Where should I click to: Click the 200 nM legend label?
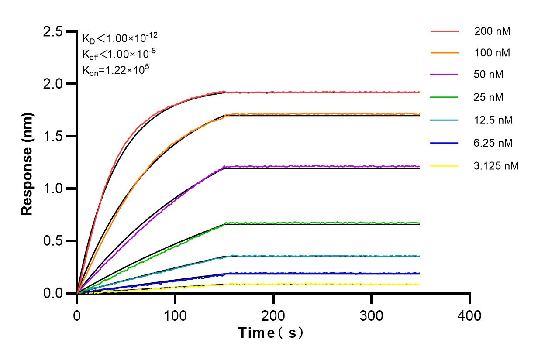[493, 31]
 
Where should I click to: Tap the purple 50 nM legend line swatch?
[445, 75]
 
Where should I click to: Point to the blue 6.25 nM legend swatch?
[445, 143]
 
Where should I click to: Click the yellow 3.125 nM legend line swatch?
[445, 166]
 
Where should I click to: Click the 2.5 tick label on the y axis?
[53, 32]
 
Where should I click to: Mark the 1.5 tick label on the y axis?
[53, 137]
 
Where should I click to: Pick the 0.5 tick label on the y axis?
[53, 241]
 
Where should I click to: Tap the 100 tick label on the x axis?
[175, 315]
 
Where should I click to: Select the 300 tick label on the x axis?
[372, 315]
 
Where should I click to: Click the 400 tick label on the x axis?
[470, 315]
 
